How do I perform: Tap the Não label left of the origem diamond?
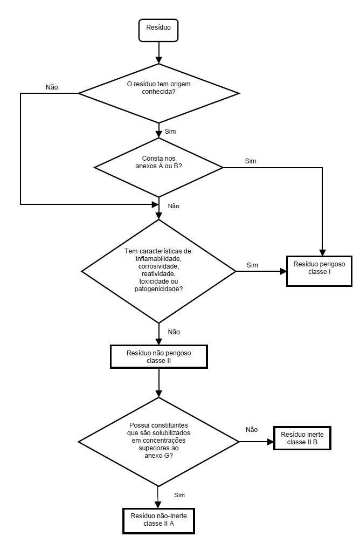[52, 87]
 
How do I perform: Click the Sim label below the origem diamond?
[170, 132]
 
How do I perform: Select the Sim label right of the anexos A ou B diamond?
[251, 161]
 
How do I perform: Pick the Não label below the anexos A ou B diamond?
[174, 206]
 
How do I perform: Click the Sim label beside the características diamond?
[252, 265]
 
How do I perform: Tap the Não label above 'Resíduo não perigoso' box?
[174, 332]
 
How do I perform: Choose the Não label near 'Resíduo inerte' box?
[252, 429]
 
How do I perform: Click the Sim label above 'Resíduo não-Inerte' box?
[179, 495]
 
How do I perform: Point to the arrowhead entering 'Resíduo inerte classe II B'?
[271, 442]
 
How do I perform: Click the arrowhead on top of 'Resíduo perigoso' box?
[322, 253]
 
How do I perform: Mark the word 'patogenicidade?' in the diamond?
[158, 289]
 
